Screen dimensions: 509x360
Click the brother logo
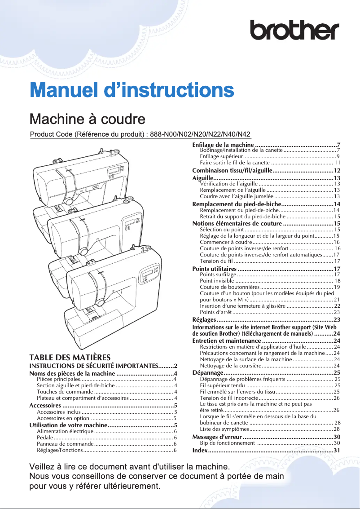(x=295, y=30)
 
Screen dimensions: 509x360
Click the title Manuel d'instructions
(x=132, y=89)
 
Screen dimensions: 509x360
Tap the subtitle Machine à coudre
(x=87, y=119)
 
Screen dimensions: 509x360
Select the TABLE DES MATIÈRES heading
(x=70, y=358)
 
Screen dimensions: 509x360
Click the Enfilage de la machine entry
(x=223, y=145)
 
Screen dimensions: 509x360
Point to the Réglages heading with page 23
(x=204, y=319)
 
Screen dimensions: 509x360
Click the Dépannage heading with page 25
(x=208, y=373)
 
